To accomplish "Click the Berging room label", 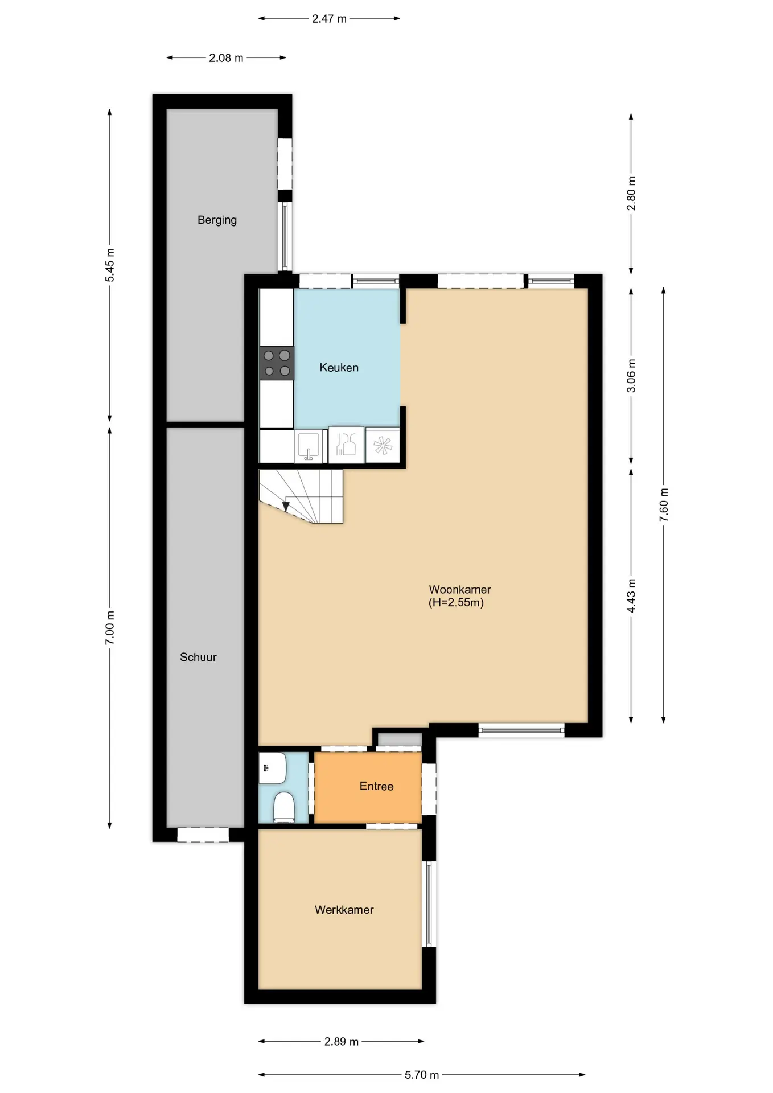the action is (217, 220).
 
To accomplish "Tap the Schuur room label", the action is (198, 657).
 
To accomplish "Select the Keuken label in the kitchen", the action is (339, 368).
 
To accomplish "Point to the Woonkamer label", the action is (460, 590).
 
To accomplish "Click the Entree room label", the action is (376, 786).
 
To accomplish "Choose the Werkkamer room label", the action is (344, 910).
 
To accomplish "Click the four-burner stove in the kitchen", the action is (277, 363).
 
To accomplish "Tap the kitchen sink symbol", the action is (309, 446).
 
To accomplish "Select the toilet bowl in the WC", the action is (283, 808).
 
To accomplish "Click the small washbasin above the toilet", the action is (273, 768).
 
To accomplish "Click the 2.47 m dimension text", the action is (329, 19).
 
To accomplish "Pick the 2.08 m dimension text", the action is (226, 58).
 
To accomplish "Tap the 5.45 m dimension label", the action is (110, 265).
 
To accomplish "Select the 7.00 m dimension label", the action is (110, 628).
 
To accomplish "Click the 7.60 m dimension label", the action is (664, 505).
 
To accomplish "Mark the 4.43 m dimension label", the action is (631, 596).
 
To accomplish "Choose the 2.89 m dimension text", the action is (342, 1042).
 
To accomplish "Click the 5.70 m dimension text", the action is (422, 1075).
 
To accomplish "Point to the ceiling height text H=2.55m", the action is (456, 603).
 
